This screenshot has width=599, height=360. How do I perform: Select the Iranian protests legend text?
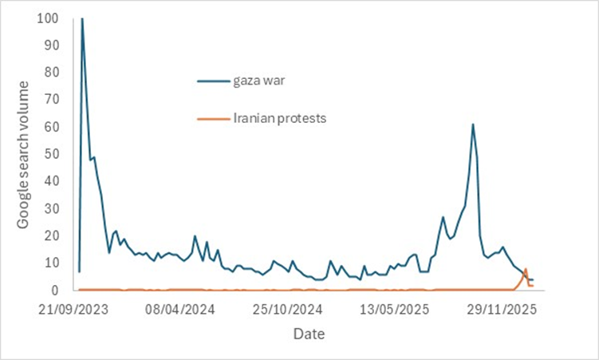280,117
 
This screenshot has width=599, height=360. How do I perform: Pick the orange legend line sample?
213,117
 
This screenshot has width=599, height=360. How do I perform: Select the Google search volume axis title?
24,155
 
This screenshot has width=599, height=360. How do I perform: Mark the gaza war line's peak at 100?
82,18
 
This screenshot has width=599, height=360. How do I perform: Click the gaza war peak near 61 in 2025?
473,125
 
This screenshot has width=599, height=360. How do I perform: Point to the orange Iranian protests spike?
526,270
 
